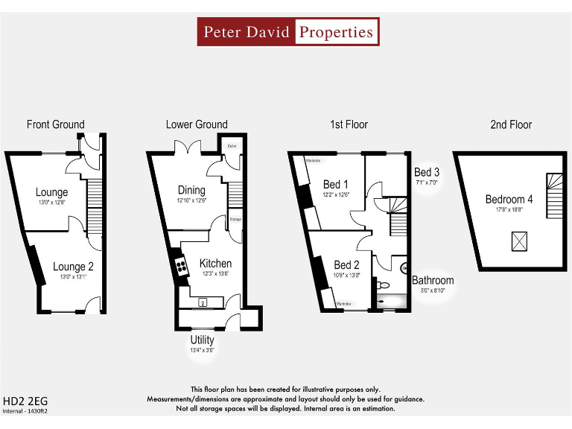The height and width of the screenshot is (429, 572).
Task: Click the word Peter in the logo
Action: (223, 32)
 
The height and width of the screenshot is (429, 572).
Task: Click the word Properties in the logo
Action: (336, 32)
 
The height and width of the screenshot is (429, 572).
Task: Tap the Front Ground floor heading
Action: (56, 124)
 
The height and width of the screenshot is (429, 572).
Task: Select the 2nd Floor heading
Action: (511, 124)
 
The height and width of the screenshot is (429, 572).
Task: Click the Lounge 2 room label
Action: (73, 267)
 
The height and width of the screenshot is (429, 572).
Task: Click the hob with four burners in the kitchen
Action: (179, 267)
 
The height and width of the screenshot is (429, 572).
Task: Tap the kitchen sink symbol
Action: (203, 302)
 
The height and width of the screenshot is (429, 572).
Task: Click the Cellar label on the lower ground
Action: (232, 147)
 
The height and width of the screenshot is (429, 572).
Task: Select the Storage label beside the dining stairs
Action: (235, 220)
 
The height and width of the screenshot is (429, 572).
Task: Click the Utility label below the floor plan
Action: (202, 340)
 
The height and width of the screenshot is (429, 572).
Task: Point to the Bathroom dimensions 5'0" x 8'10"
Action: (433, 291)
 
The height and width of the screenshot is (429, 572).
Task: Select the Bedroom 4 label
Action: (509, 199)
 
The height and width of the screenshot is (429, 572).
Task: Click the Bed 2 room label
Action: (346, 265)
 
